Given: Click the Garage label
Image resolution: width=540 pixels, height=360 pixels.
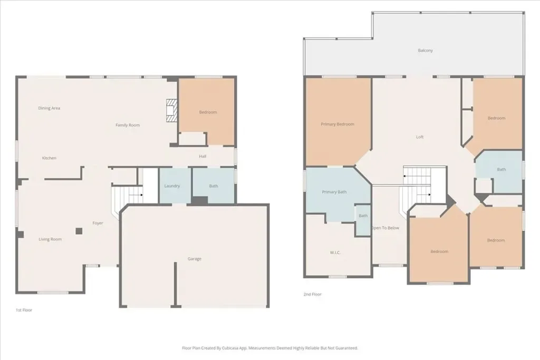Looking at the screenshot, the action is point(194,259).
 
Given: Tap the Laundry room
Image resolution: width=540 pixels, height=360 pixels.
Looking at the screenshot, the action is point(175,186).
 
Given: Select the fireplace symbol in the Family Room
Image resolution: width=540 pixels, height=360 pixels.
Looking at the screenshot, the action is point(171,110).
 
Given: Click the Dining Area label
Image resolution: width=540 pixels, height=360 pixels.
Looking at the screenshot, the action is point(49,108).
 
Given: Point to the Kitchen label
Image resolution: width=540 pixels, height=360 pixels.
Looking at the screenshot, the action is point(49,158).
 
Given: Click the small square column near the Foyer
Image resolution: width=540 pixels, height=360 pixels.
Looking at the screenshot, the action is point(79,231).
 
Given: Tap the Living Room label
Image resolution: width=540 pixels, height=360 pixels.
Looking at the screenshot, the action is point(50,239).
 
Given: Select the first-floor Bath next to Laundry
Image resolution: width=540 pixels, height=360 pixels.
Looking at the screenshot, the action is point(213,185).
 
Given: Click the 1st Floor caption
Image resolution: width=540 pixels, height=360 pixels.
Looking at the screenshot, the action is point(24,310).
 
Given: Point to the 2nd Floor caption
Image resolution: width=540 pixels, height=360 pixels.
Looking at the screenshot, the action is point(312,294).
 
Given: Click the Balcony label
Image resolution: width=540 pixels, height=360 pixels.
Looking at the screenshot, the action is point(426,50).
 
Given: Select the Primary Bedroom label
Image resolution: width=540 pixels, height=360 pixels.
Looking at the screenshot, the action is point(337,124).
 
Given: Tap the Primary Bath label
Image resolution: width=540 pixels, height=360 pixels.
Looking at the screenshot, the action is point(334,192).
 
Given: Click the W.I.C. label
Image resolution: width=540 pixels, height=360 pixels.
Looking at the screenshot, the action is point(335,252).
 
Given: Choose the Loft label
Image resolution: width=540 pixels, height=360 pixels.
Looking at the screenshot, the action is point(420,137).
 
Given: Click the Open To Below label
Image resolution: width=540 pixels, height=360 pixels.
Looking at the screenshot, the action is point(385,228).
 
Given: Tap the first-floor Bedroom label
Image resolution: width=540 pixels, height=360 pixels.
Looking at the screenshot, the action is point(208,112).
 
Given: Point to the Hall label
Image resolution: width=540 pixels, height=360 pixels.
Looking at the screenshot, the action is point(202,156).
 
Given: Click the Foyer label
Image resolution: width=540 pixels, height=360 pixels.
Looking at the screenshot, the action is point(98,223).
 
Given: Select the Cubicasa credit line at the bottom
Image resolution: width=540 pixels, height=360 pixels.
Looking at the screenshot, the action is point(270,348).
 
